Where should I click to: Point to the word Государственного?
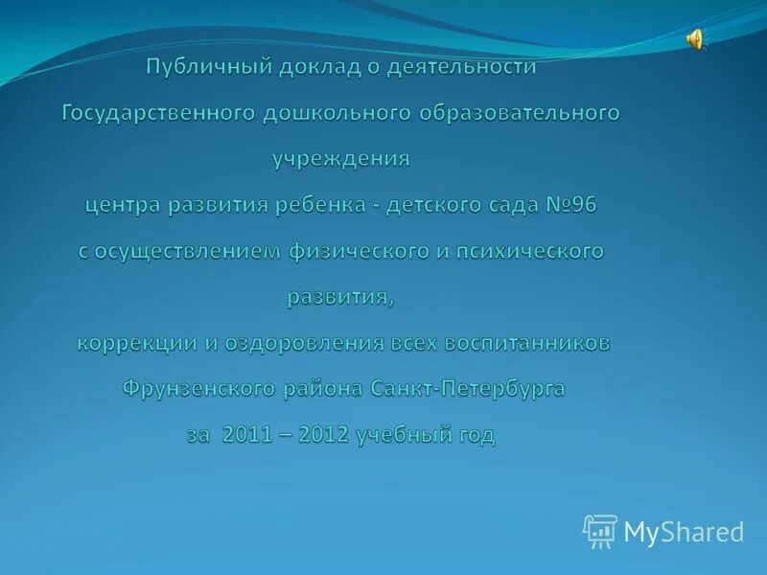click(x=158, y=113)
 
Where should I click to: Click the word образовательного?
click(x=519, y=113)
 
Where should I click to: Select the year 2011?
click(x=247, y=435)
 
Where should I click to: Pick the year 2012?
click(x=324, y=435)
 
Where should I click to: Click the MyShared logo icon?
click(x=599, y=531)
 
